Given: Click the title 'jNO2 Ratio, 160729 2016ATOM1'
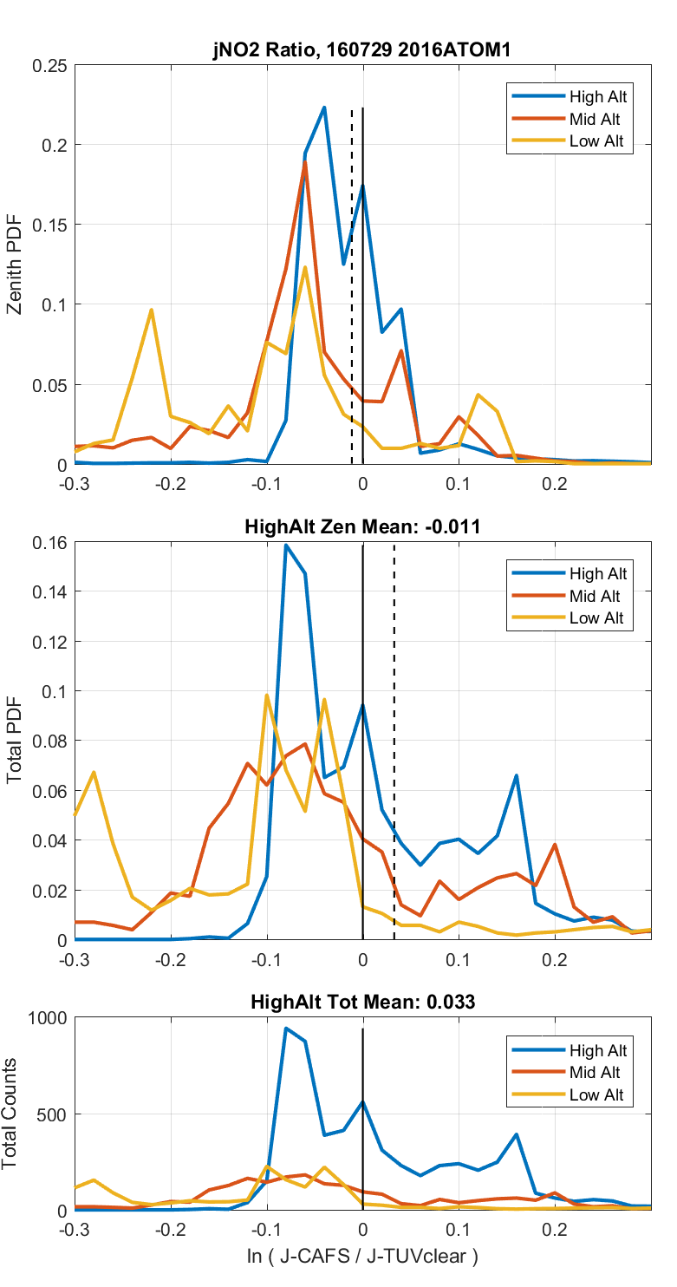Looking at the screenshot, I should [x=362, y=50].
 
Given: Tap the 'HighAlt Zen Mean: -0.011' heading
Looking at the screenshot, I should [x=362, y=526].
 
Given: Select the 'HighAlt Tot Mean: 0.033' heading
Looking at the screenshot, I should [x=362, y=1003].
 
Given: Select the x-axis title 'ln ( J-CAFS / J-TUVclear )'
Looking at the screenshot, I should [x=362, y=1256].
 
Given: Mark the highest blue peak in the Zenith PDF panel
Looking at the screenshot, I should [x=324, y=108].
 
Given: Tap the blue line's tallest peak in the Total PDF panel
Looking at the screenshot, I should [x=286, y=546].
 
